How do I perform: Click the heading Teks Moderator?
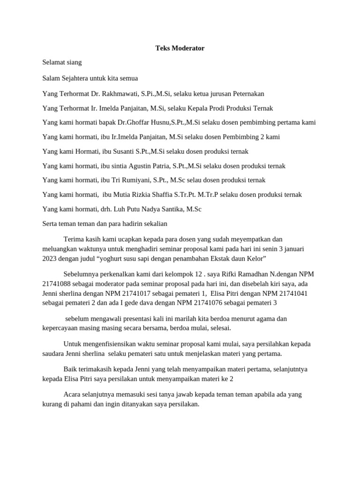[180, 48]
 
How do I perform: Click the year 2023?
[50, 258]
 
